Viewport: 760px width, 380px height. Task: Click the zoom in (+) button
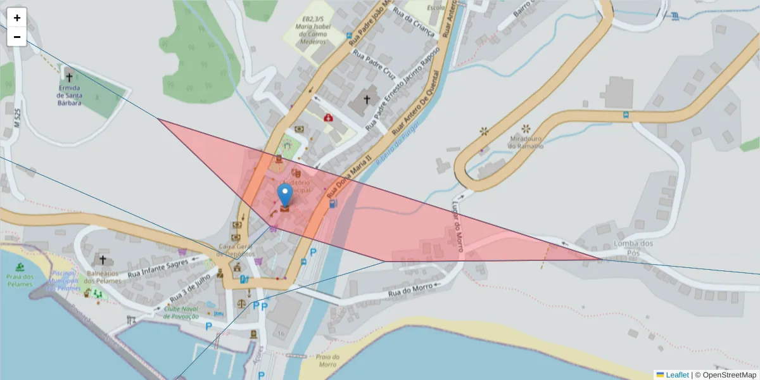[17, 18]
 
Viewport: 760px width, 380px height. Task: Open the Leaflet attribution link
[676, 375]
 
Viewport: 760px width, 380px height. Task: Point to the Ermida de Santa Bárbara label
[68, 95]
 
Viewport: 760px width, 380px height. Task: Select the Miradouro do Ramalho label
[525, 142]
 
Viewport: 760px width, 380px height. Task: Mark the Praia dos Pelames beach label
[19, 280]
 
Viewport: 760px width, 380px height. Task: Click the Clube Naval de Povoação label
[181, 312]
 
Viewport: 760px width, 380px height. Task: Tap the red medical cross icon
[328, 118]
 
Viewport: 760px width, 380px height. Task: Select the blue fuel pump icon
[332, 204]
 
